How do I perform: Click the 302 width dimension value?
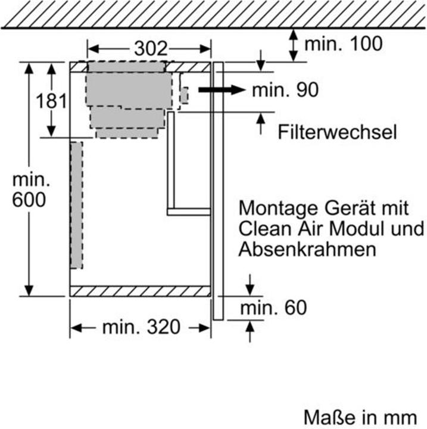click(149, 49)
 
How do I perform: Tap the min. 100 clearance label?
click(344, 43)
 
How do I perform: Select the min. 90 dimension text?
click(285, 90)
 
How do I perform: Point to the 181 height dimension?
click(51, 101)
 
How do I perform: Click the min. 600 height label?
click(28, 189)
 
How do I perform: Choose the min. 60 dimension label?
click(273, 307)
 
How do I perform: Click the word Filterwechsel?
click(337, 132)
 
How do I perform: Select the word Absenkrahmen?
click(307, 248)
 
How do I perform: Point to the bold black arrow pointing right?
click(221, 90)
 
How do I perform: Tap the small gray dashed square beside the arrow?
click(184, 95)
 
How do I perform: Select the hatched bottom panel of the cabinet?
click(141, 291)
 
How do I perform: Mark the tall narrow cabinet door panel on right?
click(218, 191)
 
